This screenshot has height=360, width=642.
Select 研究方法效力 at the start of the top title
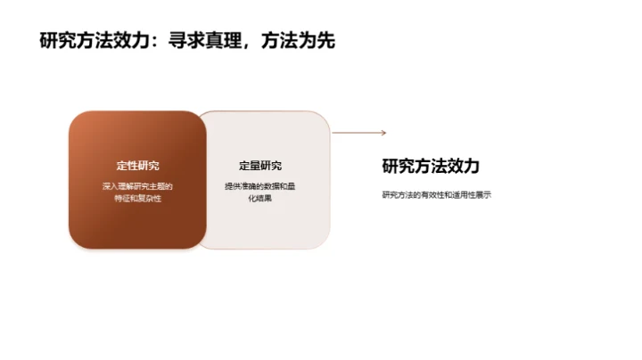pos(97,39)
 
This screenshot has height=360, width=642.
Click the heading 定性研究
pos(137,166)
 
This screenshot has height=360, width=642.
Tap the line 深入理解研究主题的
pos(137,185)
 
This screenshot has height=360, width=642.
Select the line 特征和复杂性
pos(137,198)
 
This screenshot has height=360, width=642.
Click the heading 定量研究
pos(260,166)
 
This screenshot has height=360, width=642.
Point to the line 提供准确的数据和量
pos(262,185)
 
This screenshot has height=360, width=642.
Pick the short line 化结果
pos(260,198)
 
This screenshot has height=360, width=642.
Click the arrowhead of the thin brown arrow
pos(383,133)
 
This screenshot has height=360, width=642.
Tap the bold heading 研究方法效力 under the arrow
pos(431,166)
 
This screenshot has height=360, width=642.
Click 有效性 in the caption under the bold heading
pos(432,194)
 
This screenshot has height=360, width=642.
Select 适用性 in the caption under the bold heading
pos(464,194)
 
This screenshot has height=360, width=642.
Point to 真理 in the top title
pos(226,39)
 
